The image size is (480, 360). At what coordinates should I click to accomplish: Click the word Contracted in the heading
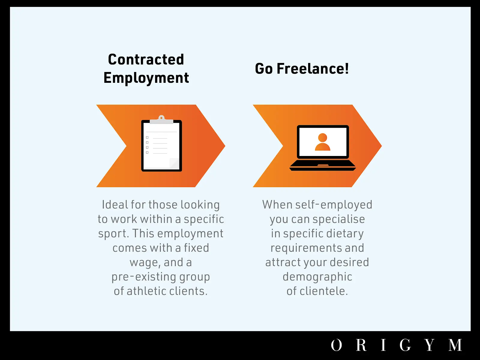tap(146, 59)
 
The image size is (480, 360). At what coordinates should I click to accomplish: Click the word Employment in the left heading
tap(146, 78)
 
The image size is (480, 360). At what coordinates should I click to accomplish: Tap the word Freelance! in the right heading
tap(313, 69)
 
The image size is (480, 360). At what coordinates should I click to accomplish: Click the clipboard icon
tap(161, 143)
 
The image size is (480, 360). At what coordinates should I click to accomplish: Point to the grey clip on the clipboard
tap(161, 120)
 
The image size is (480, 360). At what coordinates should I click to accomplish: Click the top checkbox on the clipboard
tap(147, 137)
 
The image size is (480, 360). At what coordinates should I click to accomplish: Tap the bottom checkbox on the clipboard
tap(147, 152)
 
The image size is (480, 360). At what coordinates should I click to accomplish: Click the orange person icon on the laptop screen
tap(322, 142)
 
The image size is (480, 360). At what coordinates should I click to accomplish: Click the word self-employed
tap(334, 205)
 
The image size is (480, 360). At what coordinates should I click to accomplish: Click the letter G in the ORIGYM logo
tap(405, 345)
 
